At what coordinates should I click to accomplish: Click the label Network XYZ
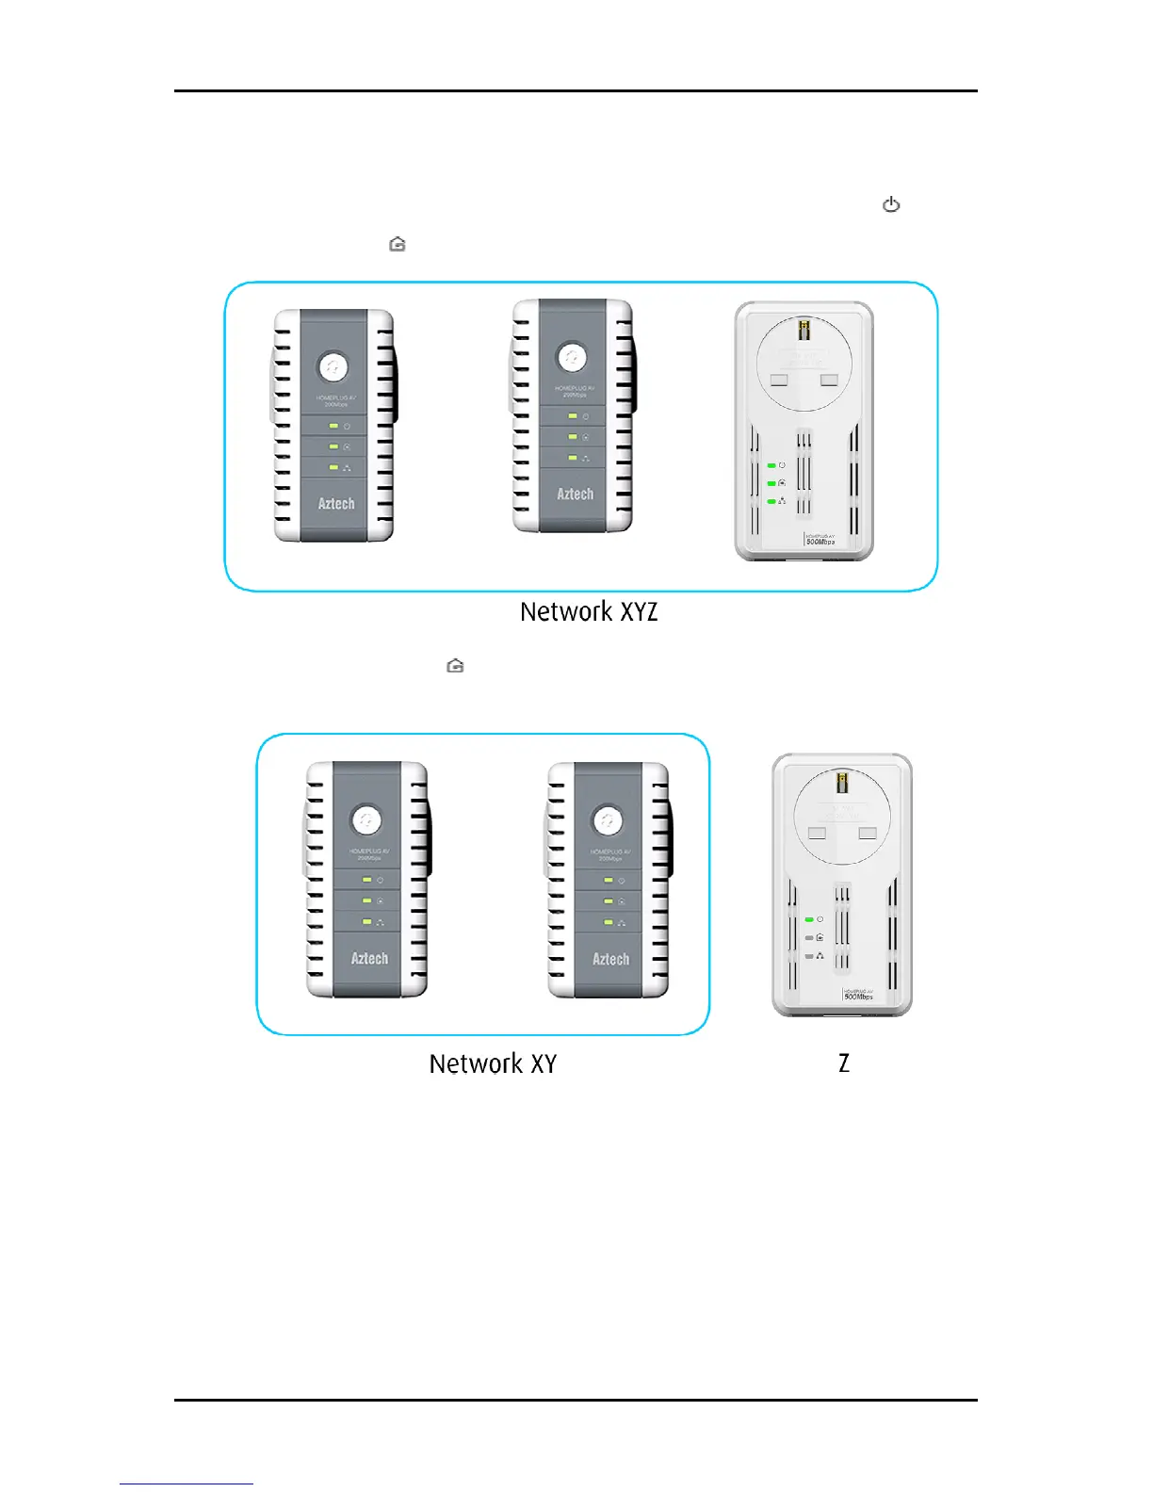click(589, 612)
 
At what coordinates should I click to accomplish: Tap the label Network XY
click(493, 1064)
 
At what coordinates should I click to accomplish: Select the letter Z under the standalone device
click(844, 1063)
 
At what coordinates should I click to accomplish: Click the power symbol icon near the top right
click(891, 204)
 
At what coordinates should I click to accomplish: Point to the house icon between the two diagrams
click(456, 666)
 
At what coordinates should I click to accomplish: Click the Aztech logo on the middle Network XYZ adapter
click(575, 494)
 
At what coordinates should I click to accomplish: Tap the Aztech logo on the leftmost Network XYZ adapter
click(336, 503)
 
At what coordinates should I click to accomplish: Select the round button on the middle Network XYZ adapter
click(572, 357)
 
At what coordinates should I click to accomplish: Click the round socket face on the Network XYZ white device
click(804, 363)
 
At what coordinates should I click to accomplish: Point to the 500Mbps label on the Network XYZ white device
click(820, 542)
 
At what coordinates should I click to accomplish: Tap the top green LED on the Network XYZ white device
click(771, 465)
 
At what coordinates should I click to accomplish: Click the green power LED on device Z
click(809, 919)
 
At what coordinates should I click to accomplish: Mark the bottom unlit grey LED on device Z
click(809, 956)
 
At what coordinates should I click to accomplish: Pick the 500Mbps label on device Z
click(858, 996)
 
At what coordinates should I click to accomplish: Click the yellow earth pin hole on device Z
click(842, 782)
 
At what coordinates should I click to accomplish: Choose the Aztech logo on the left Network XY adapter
click(369, 958)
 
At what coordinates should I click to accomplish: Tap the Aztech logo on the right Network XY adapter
click(610, 959)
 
